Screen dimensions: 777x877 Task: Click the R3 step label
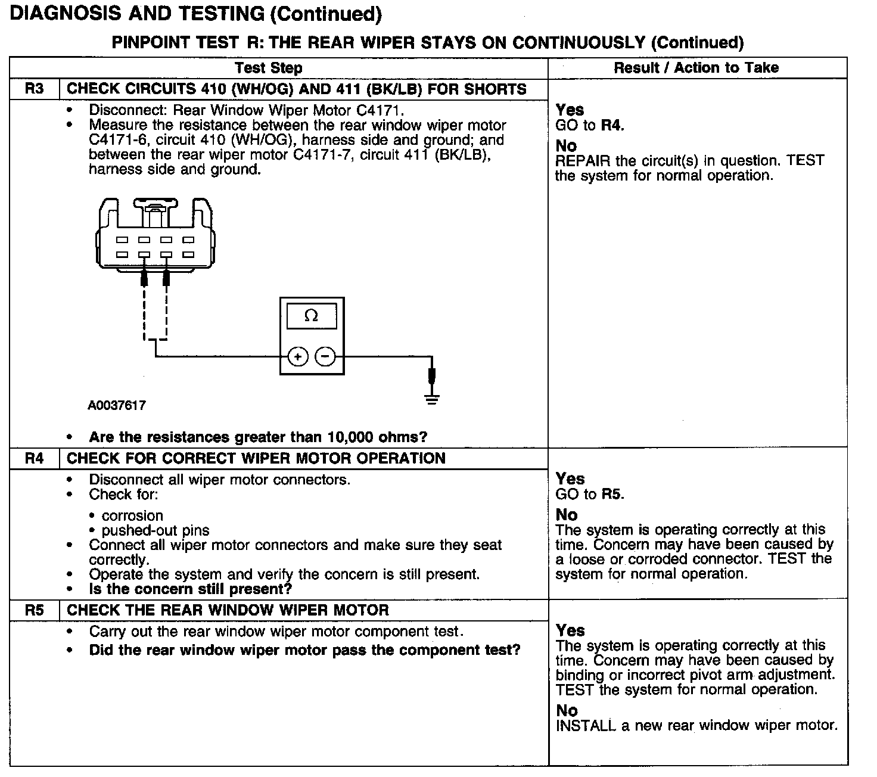pos(35,89)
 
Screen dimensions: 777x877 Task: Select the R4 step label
pos(35,459)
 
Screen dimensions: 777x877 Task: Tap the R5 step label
pos(35,610)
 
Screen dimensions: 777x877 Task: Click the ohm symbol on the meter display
pos(311,316)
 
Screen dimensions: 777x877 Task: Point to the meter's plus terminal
pos(297,357)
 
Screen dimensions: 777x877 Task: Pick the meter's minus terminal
pos(325,357)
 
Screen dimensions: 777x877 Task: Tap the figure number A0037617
pos(117,406)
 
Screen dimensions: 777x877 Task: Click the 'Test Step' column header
pos(269,68)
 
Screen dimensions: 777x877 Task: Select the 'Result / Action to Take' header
pos(696,68)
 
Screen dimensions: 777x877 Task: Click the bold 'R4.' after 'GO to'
pos(613,125)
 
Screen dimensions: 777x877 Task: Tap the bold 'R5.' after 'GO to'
pos(613,494)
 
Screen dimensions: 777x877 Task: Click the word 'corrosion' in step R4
pos(132,516)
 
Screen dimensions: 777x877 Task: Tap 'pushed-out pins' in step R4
pos(156,530)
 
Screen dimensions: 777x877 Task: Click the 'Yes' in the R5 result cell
pos(570,630)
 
